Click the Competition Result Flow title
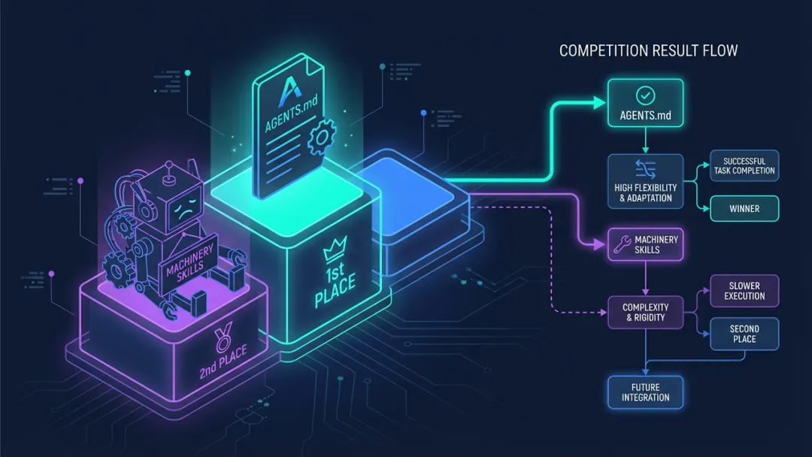(x=648, y=51)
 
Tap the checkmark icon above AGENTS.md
(x=644, y=96)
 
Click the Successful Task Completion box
(x=744, y=165)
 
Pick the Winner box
(x=744, y=207)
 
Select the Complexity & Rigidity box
(x=646, y=312)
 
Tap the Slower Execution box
(x=744, y=291)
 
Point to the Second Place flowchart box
(x=744, y=334)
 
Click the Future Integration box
(x=645, y=392)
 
